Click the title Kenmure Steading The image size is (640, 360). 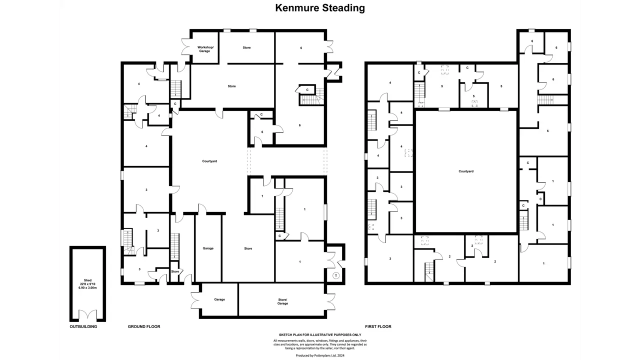click(x=320, y=8)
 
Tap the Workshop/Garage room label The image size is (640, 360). click(x=205, y=49)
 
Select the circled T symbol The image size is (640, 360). click(x=336, y=275)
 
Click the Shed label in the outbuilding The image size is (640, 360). click(x=87, y=280)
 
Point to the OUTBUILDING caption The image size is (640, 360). click(x=83, y=326)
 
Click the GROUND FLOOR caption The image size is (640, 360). click(x=144, y=326)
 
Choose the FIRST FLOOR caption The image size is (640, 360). click(x=378, y=326)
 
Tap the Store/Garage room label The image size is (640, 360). click(x=282, y=301)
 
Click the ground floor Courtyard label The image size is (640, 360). click(x=209, y=161)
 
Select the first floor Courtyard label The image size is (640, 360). click(x=466, y=171)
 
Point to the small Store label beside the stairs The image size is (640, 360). click(x=175, y=271)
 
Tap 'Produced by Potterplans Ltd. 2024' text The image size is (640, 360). click(x=320, y=355)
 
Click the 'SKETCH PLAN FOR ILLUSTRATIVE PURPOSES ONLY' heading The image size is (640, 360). click(x=320, y=335)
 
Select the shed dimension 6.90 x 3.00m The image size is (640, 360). click(x=87, y=287)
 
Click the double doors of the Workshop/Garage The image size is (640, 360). click(x=187, y=47)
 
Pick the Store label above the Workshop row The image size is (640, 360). click(x=247, y=47)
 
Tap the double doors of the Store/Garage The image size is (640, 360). click(x=329, y=301)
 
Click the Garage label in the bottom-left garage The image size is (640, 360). click(x=219, y=299)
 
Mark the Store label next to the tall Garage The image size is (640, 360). click(x=248, y=248)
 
